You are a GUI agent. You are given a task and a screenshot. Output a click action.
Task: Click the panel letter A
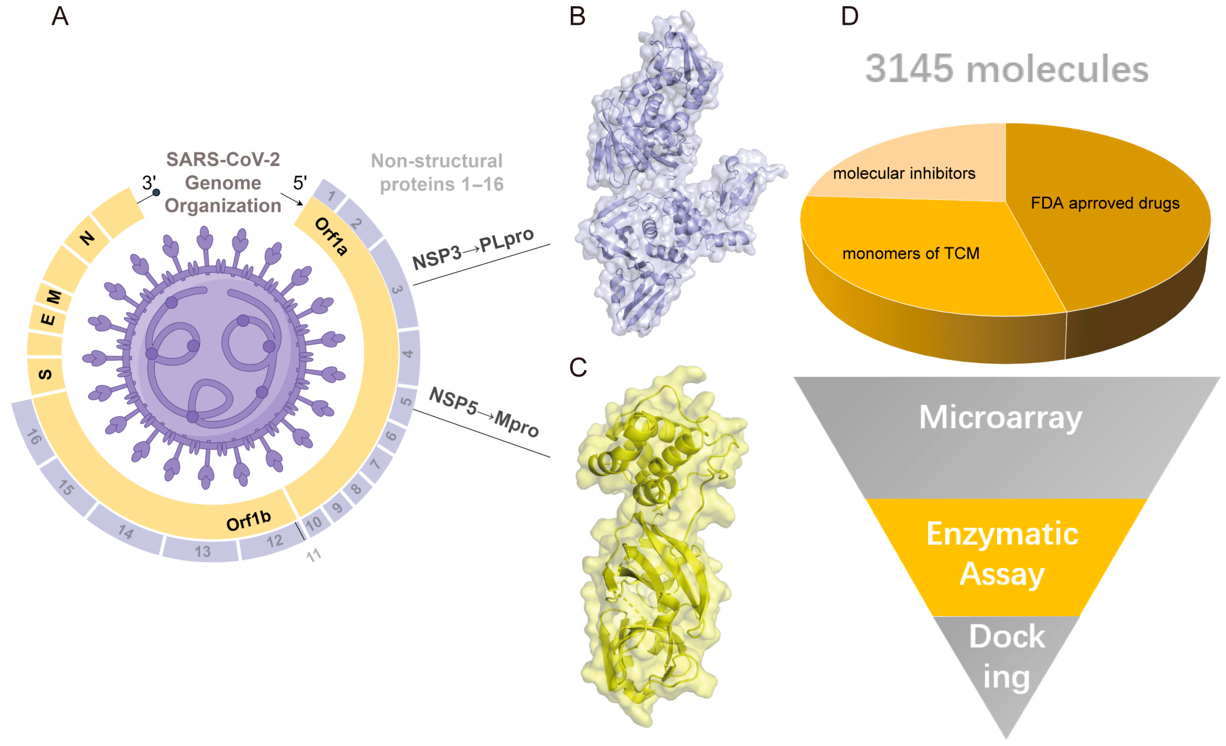tap(60, 17)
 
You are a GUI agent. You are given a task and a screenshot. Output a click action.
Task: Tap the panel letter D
tap(849, 17)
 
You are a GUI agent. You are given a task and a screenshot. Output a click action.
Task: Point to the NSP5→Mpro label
tap(484, 412)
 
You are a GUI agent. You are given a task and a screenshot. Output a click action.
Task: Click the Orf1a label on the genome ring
tap(331, 237)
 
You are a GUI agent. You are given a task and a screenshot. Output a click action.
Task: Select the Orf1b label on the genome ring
tap(248, 520)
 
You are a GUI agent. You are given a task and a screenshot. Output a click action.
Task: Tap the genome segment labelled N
tap(87, 238)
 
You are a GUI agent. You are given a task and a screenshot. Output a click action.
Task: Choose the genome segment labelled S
tap(45, 375)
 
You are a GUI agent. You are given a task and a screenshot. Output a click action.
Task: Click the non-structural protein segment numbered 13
tap(202, 551)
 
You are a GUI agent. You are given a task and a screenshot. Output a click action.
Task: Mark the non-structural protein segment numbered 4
tap(408, 354)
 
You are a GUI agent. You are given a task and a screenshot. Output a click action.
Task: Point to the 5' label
tap(299, 183)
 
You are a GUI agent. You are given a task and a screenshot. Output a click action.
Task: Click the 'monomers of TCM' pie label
tap(910, 254)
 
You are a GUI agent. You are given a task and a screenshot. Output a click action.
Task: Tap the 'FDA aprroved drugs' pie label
tap(1105, 203)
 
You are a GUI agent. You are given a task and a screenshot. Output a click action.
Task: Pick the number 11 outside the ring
tap(314, 555)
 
